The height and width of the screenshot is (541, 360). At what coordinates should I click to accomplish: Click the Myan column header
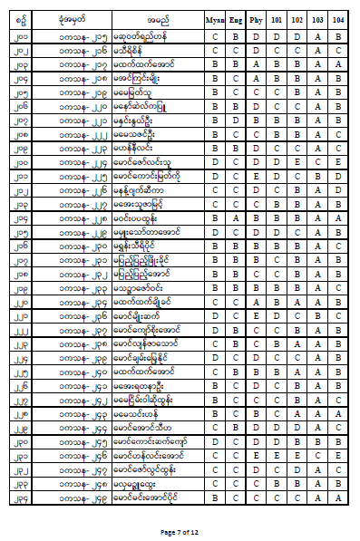[215, 18]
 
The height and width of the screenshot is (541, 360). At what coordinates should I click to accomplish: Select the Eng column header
[236, 18]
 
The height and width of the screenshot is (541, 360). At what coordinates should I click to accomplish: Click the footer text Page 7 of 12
[180, 531]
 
